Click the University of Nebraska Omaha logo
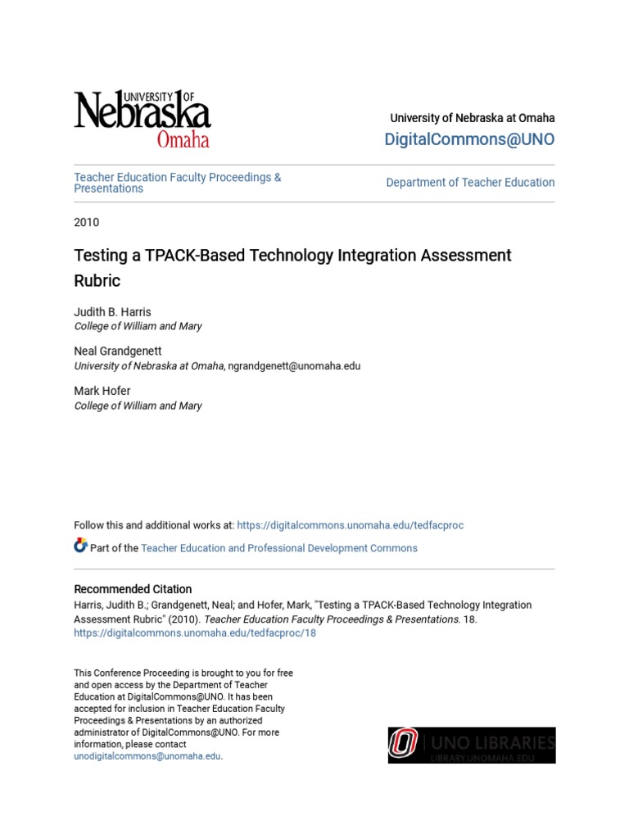click(143, 120)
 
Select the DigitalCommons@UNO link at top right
click(469, 139)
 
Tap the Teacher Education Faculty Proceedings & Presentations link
click(178, 183)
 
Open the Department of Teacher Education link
click(470, 183)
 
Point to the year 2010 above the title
click(87, 222)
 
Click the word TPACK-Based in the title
click(215, 256)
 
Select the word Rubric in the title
click(97, 281)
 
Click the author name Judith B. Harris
click(112, 312)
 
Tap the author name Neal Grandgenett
click(118, 351)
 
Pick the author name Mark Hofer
click(102, 392)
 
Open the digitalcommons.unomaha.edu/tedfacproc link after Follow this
click(351, 525)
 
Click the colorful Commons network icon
click(80, 546)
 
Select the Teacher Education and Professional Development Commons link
click(279, 548)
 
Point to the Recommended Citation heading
click(133, 589)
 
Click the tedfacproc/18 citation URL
click(195, 633)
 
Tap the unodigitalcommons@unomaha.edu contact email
click(147, 756)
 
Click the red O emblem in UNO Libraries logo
click(403, 745)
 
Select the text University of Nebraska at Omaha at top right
click(473, 118)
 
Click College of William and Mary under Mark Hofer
click(138, 406)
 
